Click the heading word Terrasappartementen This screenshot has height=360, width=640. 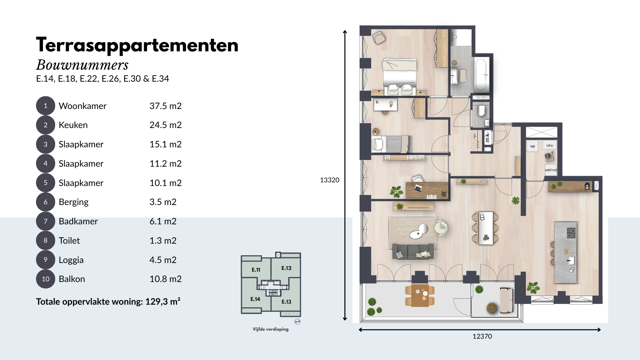137,45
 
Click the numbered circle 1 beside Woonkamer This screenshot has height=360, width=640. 45,106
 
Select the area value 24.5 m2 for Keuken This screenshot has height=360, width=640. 165,125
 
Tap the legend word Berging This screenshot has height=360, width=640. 73,202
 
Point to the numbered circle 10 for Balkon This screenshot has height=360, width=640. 45,279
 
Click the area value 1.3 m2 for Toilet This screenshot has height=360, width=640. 163,241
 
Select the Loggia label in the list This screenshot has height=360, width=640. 71,260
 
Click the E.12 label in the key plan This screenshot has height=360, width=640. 286,268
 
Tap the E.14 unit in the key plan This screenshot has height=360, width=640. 255,299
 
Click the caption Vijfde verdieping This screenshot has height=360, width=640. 270,329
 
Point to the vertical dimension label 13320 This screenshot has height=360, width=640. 330,180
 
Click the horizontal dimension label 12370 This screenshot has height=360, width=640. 482,336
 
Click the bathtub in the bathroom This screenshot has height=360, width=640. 481,75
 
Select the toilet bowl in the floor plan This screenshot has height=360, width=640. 481,111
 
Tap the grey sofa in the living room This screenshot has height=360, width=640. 413,251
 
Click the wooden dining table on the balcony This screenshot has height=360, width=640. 420,295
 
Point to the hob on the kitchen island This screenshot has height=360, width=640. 571,233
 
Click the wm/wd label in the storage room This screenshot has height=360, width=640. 551,170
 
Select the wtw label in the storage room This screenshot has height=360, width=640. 549,146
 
